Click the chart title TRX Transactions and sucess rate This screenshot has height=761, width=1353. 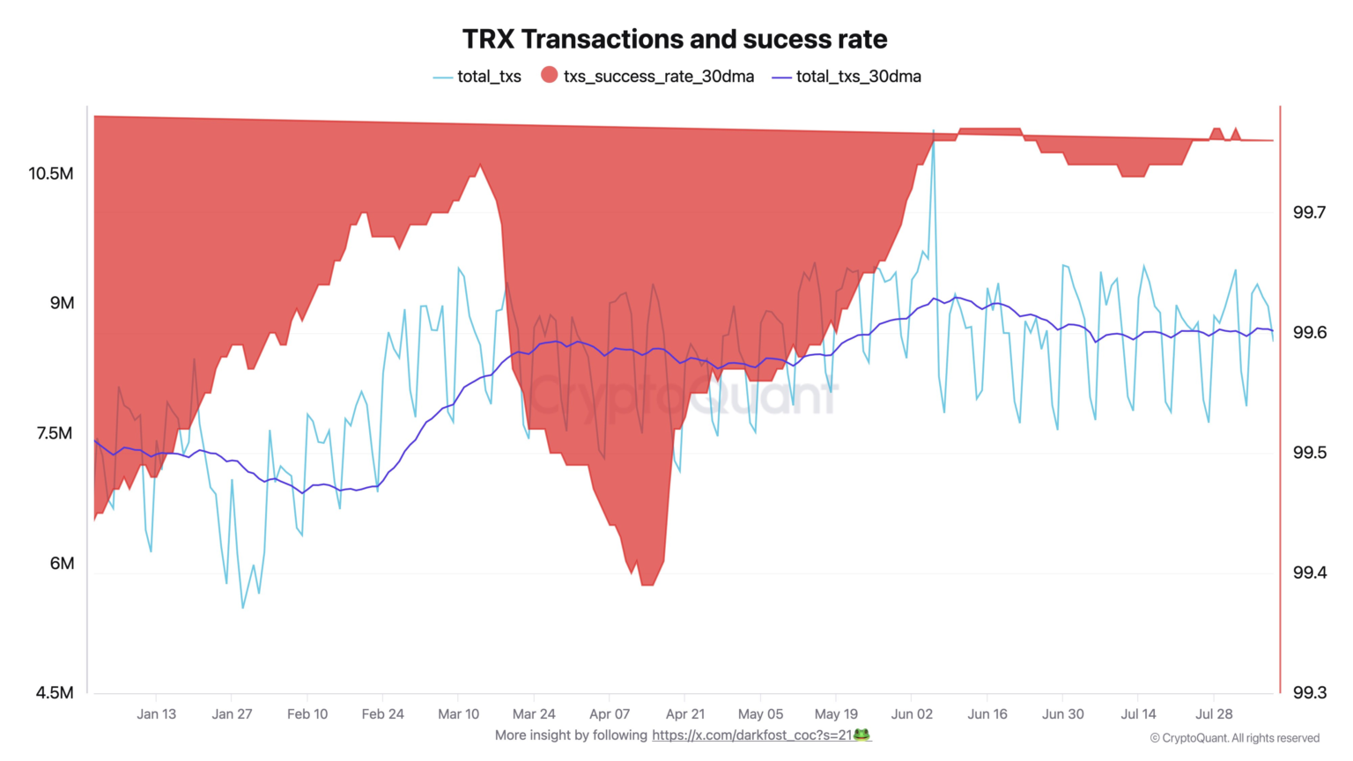[675, 40]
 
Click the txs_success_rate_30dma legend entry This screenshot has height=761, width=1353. [647, 77]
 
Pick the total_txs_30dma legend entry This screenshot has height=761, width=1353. [847, 77]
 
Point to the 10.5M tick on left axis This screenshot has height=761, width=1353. [51, 174]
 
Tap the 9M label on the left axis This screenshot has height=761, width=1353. [62, 303]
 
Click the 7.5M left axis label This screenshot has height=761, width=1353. [55, 433]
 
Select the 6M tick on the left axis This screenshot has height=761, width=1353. [62, 564]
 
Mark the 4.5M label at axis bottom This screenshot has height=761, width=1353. [55, 693]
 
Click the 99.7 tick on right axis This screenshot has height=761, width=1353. [1309, 212]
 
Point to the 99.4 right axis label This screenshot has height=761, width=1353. [1309, 573]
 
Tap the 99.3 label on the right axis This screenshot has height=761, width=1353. [1309, 693]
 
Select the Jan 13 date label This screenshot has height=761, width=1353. [156, 714]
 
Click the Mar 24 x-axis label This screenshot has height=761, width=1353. [534, 714]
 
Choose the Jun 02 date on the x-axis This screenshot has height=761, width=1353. [912, 714]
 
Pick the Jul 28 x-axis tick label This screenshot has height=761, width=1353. [1214, 714]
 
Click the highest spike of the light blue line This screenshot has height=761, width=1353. [933, 141]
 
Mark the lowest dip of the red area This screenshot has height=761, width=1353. [647, 583]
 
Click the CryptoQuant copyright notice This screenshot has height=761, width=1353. [1234, 738]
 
